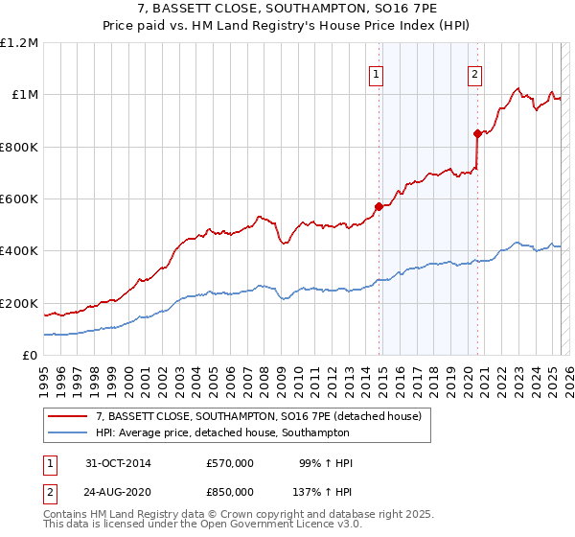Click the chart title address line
287,9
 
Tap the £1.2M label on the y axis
19,43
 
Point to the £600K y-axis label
18,199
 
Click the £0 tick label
31,356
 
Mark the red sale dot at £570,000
379,206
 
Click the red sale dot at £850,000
477,133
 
